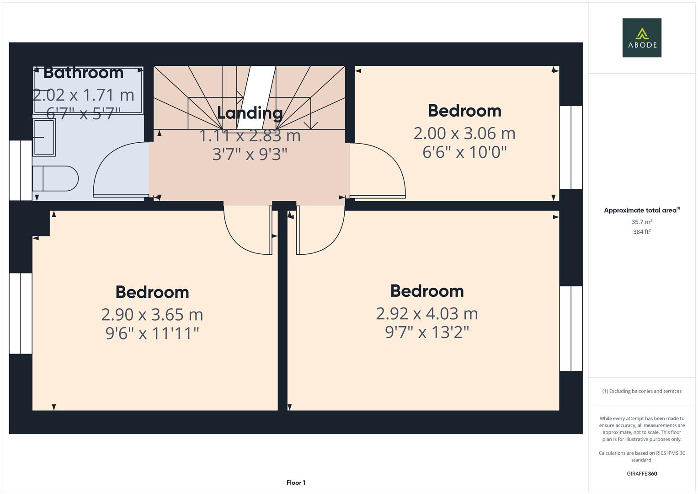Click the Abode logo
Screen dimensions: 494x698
pos(641,38)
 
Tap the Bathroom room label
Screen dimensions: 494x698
pos(83,73)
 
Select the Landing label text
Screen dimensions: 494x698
pos(250,113)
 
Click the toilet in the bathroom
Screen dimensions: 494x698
pos(55,178)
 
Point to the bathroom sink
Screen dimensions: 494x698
pos(44,137)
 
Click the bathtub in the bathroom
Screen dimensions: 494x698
pos(88,90)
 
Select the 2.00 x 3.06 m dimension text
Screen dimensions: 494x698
pos(464,134)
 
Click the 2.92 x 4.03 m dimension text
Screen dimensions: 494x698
pos(427,314)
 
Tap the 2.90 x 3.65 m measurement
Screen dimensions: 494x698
pos(152,315)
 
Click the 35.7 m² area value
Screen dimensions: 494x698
pos(641,222)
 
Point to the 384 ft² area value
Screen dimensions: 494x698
pos(641,232)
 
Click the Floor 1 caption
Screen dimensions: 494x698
pos(296,483)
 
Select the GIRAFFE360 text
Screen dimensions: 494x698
pos(641,473)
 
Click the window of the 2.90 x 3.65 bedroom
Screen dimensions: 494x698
pos(21,314)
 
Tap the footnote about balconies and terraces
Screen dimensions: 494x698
pos(641,391)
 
